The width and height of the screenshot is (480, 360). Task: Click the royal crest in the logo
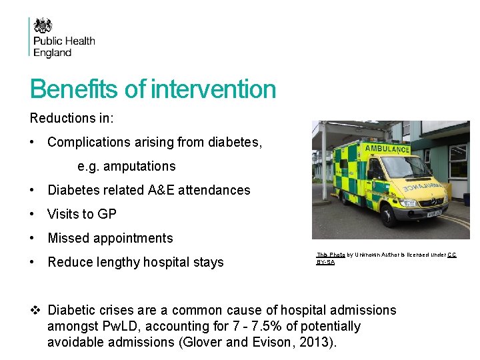[43, 26]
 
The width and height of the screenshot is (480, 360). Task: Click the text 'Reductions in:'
[72, 118]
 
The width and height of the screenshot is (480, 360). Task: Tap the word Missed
[68, 238]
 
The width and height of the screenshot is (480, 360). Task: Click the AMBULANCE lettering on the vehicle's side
[387, 149]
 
